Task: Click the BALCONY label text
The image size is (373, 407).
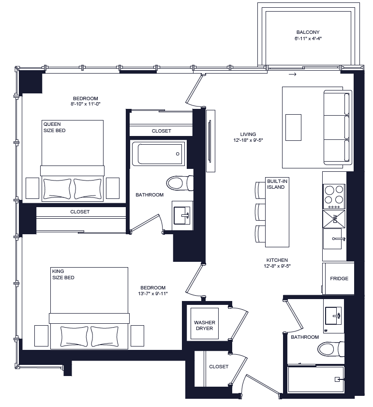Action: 308,32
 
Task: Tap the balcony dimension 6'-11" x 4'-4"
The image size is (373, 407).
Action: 308,38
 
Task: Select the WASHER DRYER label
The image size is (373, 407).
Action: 204,325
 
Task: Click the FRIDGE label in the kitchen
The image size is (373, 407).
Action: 339,279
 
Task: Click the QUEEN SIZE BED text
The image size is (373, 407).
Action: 54,127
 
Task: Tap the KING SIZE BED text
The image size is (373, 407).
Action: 63,274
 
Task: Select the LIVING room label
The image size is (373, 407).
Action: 248,135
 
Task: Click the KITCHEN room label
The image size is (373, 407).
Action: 276,260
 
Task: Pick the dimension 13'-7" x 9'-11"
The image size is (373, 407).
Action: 153,293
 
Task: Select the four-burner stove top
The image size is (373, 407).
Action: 334,196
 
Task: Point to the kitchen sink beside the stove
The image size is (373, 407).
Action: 334,237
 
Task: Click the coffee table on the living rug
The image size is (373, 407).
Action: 293,127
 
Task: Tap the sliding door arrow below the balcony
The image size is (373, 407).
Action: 292,75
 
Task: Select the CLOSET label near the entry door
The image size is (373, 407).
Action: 219,367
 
